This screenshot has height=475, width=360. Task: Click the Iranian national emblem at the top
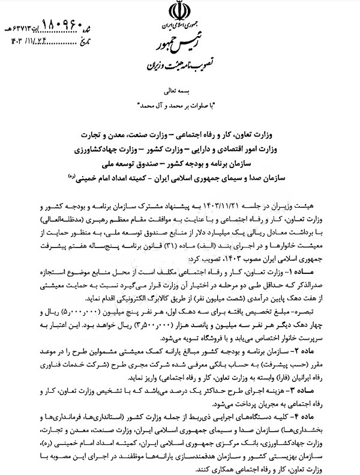pos(180,11)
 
